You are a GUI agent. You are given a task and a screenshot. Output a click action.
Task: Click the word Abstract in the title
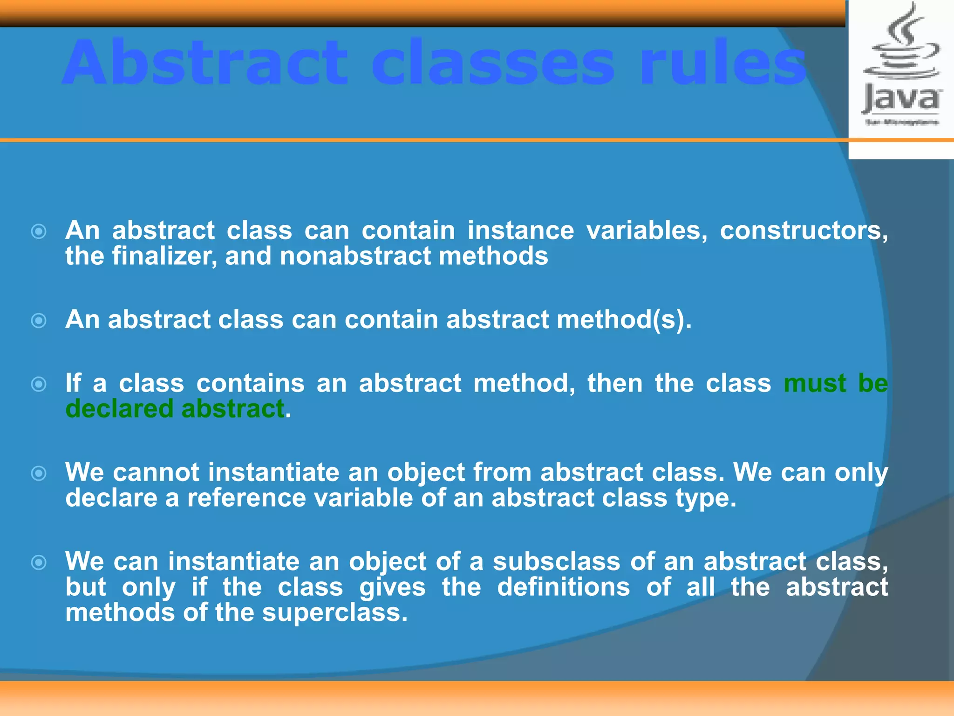click(205, 63)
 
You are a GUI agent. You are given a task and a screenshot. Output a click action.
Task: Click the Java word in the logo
click(902, 99)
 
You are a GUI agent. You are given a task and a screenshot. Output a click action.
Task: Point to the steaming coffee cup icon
click(902, 44)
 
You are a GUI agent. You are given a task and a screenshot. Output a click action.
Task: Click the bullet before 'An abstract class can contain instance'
click(39, 231)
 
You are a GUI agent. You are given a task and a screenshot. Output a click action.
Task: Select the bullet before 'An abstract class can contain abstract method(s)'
click(39, 321)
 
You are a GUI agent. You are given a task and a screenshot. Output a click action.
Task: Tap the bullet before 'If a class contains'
click(39, 384)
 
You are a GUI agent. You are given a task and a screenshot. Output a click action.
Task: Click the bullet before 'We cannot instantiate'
click(39, 474)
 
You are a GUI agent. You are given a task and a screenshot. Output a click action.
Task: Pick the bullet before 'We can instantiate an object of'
click(39, 563)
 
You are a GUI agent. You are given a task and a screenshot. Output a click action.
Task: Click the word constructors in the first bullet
click(803, 231)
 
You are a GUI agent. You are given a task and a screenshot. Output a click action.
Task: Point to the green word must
click(814, 384)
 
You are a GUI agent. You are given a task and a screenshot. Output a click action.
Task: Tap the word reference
click(246, 498)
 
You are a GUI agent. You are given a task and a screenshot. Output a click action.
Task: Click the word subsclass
click(556, 562)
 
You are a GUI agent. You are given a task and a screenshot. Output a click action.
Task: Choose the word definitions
click(563, 587)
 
